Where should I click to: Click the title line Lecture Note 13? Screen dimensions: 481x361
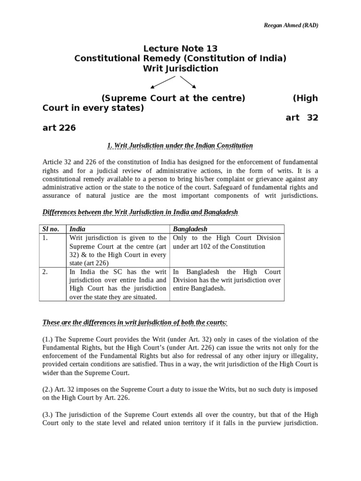[180, 48]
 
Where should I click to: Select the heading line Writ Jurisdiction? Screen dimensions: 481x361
[180, 69]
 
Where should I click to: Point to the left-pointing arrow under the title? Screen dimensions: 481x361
[162, 83]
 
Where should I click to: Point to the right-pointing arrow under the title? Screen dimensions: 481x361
[188, 82]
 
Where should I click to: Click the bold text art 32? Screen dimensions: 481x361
[302, 117]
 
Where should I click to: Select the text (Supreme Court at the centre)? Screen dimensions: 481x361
[173, 98]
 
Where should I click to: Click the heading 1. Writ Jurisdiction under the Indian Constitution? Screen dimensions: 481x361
[180, 146]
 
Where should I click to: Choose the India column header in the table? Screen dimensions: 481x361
[78, 229]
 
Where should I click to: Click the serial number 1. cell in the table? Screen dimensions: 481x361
[46, 238]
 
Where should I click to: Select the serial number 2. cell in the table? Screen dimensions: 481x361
[46, 272]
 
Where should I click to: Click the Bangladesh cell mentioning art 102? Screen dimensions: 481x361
[227, 242]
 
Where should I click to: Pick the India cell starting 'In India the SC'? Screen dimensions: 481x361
[118, 284]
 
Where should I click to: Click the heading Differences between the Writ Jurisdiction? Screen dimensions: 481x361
[141, 213]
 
